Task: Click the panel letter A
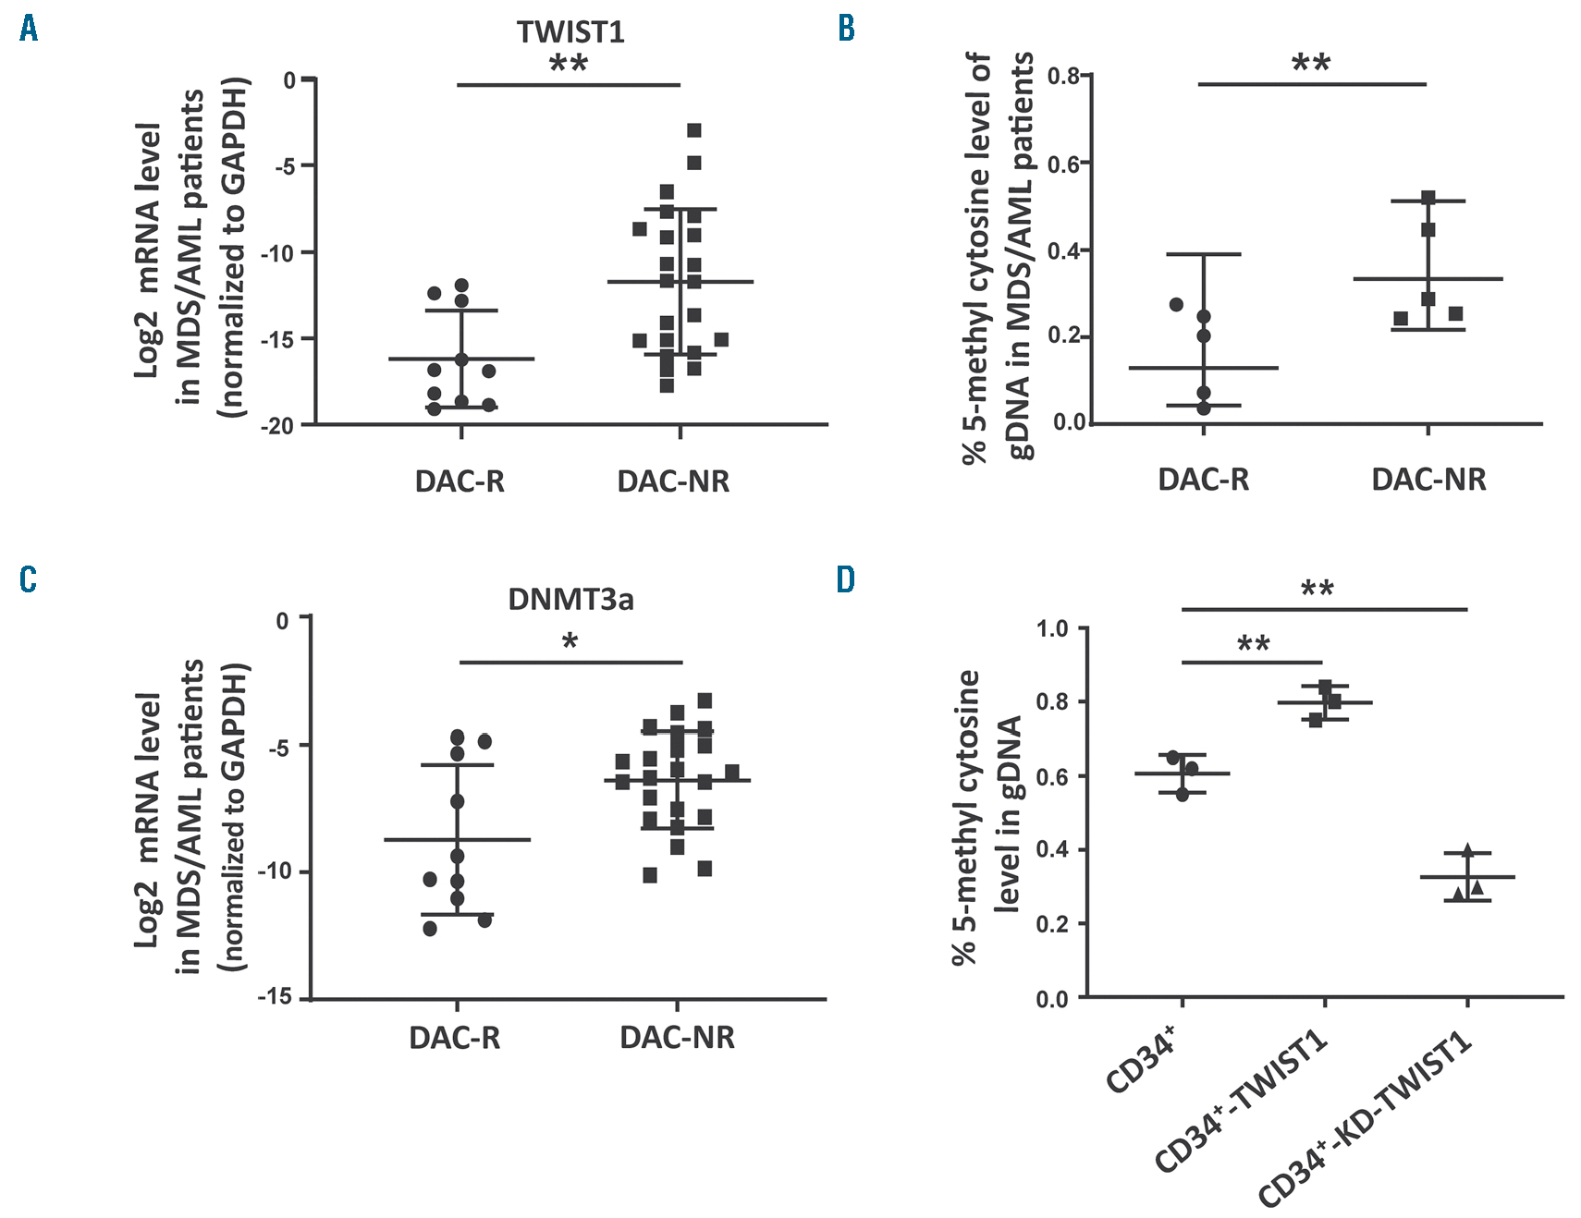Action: (x=29, y=29)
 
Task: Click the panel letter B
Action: (x=846, y=29)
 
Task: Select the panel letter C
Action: (x=29, y=579)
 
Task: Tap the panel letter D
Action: (x=846, y=579)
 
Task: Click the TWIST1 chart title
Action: (x=570, y=32)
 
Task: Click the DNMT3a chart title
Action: (x=570, y=600)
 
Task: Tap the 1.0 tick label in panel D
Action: (x=1052, y=628)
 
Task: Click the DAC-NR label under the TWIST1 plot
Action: (x=673, y=481)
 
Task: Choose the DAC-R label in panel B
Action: (x=1203, y=480)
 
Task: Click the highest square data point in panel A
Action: (x=693, y=130)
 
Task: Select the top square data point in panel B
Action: (x=1428, y=198)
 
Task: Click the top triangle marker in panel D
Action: (x=1467, y=849)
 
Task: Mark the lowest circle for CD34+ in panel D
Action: (x=1183, y=794)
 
